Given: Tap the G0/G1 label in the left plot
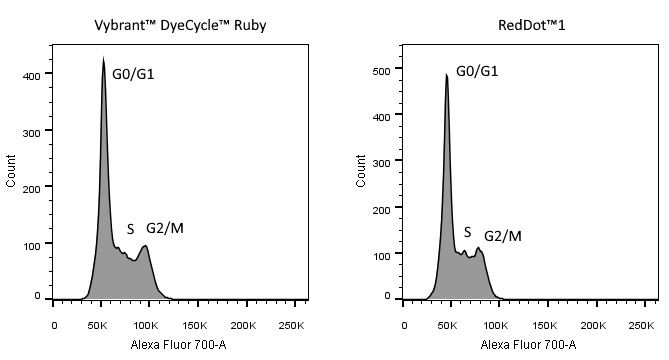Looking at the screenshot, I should click(x=133, y=74).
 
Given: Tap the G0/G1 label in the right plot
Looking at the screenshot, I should click(x=477, y=71).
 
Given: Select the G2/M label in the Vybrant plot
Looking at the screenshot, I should click(x=165, y=228).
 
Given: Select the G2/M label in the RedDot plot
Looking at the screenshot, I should click(x=503, y=236).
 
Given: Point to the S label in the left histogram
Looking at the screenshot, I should click(x=130, y=229).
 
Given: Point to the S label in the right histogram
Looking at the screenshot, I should click(x=467, y=232).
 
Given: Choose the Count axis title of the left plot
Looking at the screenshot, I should click(x=11, y=170).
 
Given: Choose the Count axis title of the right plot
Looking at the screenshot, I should click(x=361, y=170).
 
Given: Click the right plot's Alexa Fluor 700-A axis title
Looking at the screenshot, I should click(x=528, y=344).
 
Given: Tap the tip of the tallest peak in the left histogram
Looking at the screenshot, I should click(x=103, y=58).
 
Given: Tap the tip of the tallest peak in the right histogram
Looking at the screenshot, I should click(x=446, y=74).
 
